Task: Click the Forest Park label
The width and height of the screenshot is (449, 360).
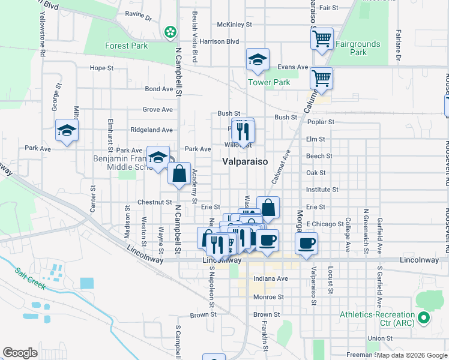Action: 126,46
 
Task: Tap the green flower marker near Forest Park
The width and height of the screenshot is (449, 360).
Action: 171,31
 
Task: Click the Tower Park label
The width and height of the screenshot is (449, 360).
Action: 270,82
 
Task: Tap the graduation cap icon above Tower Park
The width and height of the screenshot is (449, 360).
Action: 257,59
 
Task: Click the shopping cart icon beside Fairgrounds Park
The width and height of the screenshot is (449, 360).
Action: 322,39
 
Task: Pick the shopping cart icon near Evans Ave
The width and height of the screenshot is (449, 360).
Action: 322,78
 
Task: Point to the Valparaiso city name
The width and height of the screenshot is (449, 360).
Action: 245,161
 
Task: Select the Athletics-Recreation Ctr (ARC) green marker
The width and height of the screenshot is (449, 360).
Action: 424,318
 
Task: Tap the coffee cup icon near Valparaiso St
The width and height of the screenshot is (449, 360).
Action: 306,244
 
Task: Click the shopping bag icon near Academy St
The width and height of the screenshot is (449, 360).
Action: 179,174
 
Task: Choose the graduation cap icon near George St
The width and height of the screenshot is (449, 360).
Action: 67,130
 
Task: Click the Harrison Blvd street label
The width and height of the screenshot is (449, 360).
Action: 220,41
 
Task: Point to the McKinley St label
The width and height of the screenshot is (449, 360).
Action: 234,25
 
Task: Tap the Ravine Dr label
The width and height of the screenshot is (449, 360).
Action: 139,13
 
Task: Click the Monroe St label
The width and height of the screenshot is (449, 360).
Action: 268,297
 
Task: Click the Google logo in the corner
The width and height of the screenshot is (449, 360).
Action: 20,353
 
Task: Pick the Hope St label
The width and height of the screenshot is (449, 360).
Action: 101,68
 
